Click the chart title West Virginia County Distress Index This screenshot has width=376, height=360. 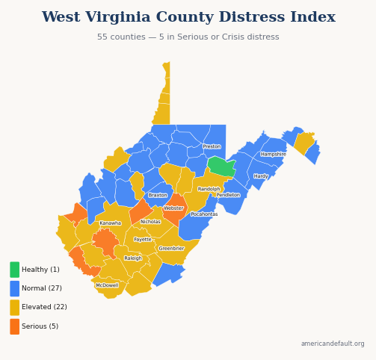188,17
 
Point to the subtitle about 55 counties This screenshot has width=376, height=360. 188,37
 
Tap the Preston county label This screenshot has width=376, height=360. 212,146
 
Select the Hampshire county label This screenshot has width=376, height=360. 273,155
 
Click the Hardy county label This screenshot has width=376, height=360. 260,177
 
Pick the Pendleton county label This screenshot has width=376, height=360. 228,195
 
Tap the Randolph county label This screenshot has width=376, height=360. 209,189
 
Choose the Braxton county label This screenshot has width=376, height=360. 158,195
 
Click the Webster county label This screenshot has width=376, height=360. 173,208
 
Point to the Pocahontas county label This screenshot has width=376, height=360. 204,214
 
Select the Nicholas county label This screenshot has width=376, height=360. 150,222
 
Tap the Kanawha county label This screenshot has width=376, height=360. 110,223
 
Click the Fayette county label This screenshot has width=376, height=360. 142,240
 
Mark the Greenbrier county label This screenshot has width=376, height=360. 171,249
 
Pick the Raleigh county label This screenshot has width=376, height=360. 132,258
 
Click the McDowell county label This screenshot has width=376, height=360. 107,285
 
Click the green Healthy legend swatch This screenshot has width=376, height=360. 14,270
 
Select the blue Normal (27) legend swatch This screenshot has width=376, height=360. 14,288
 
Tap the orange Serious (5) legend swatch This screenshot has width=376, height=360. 14,326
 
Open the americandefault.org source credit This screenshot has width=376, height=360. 332,344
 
